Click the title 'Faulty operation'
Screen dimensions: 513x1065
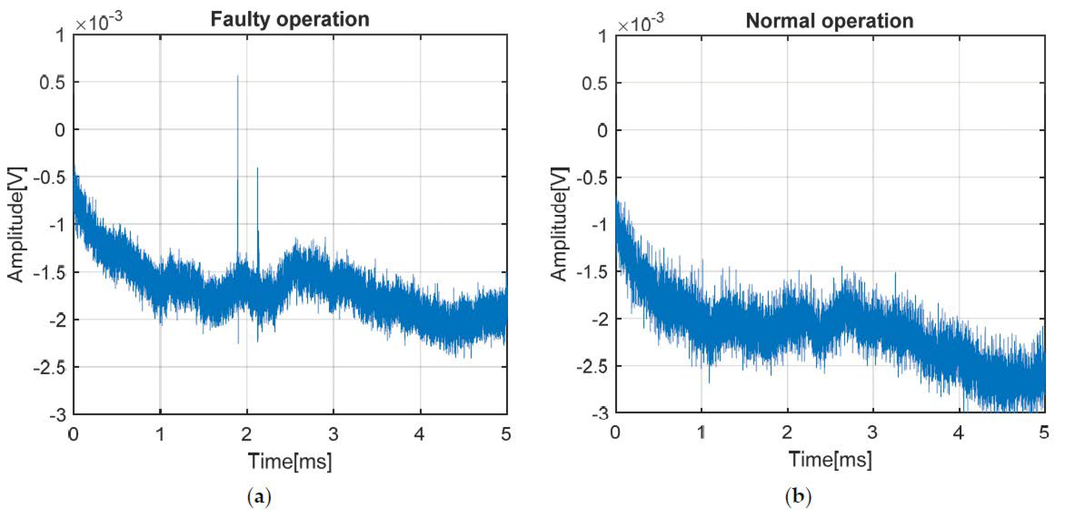[290, 20]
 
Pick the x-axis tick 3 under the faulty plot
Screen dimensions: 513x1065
[333, 434]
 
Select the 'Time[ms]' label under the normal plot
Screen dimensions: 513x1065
[830, 459]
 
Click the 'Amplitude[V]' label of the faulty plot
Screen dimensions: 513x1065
[16, 225]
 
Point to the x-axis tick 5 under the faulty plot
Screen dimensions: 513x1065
[506, 434]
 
